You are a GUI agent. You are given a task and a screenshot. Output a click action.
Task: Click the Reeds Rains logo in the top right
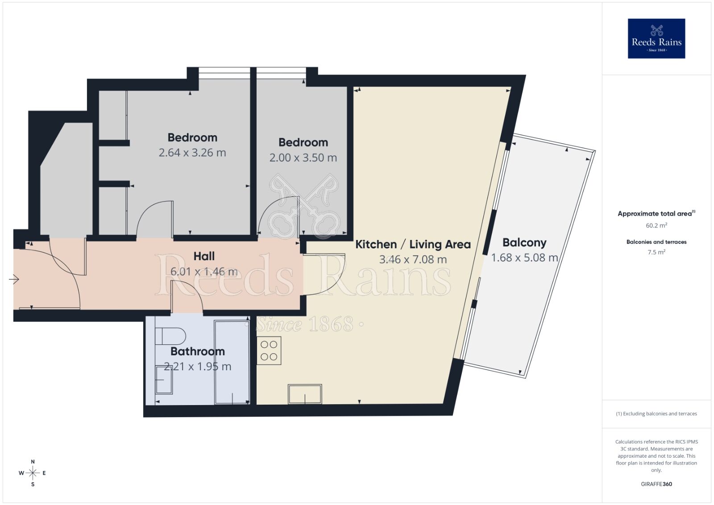click(656, 38)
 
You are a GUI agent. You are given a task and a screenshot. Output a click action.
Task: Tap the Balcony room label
click(524, 243)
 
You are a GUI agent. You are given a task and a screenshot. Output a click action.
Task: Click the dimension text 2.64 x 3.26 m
click(192, 153)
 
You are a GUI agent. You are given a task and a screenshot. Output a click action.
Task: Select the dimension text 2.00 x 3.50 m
click(303, 157)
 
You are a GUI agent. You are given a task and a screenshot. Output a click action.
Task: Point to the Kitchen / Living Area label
click(413, 244)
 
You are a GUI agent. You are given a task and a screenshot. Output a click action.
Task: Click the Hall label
click(204, 256)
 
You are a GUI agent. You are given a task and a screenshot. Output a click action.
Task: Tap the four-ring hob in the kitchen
click(269, 351)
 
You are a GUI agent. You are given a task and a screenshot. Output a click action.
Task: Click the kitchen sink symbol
click(305, 394)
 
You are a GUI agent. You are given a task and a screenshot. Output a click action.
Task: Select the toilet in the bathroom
click(170, 336)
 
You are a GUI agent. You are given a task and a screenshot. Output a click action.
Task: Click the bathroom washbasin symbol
click(164, 380)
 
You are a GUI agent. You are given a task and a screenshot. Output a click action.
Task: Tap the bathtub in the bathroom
click(232, 361)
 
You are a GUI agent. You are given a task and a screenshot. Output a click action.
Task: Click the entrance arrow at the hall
click(14, 280)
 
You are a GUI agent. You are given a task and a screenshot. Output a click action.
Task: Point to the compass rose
click(33, 473)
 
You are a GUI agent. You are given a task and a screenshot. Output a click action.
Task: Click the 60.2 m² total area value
click(656, 225)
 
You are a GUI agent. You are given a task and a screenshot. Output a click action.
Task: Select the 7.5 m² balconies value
click(656, 252)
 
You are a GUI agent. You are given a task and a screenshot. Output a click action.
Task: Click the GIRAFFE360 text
click(656, 484)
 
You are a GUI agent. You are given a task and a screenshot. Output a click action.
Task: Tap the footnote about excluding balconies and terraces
click(656, 414)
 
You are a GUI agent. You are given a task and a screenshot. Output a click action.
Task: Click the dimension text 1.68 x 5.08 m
click(524, 258)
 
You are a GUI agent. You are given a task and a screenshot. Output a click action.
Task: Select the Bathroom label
click(197, 352)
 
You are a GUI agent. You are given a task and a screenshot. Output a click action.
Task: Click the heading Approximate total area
click(656, 214)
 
